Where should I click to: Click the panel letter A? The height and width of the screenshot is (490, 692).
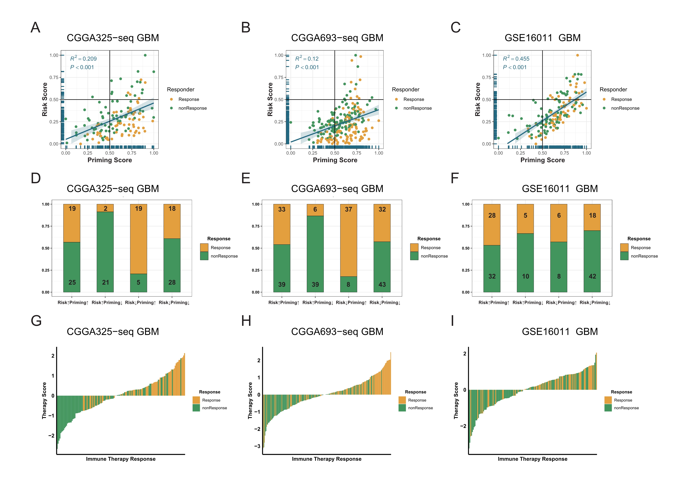(x=36, y=27)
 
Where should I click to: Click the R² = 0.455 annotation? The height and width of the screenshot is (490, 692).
(x=516, y=58)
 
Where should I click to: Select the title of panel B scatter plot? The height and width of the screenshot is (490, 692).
(x=337, y=38)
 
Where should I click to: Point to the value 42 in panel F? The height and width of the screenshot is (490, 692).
(x=592, y=276)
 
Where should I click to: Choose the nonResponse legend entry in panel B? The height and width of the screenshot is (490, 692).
(x=418, y=108)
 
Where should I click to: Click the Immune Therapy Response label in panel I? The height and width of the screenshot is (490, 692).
(x=532, y=459)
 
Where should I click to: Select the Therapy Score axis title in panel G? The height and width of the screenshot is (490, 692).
(x=44, y=400)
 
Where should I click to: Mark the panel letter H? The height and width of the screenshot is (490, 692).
(x=246, y=321)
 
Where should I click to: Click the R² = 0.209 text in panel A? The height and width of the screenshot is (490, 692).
(x=83, y=58)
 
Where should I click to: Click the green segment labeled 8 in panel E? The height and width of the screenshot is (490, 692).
(x=348, y=284)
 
